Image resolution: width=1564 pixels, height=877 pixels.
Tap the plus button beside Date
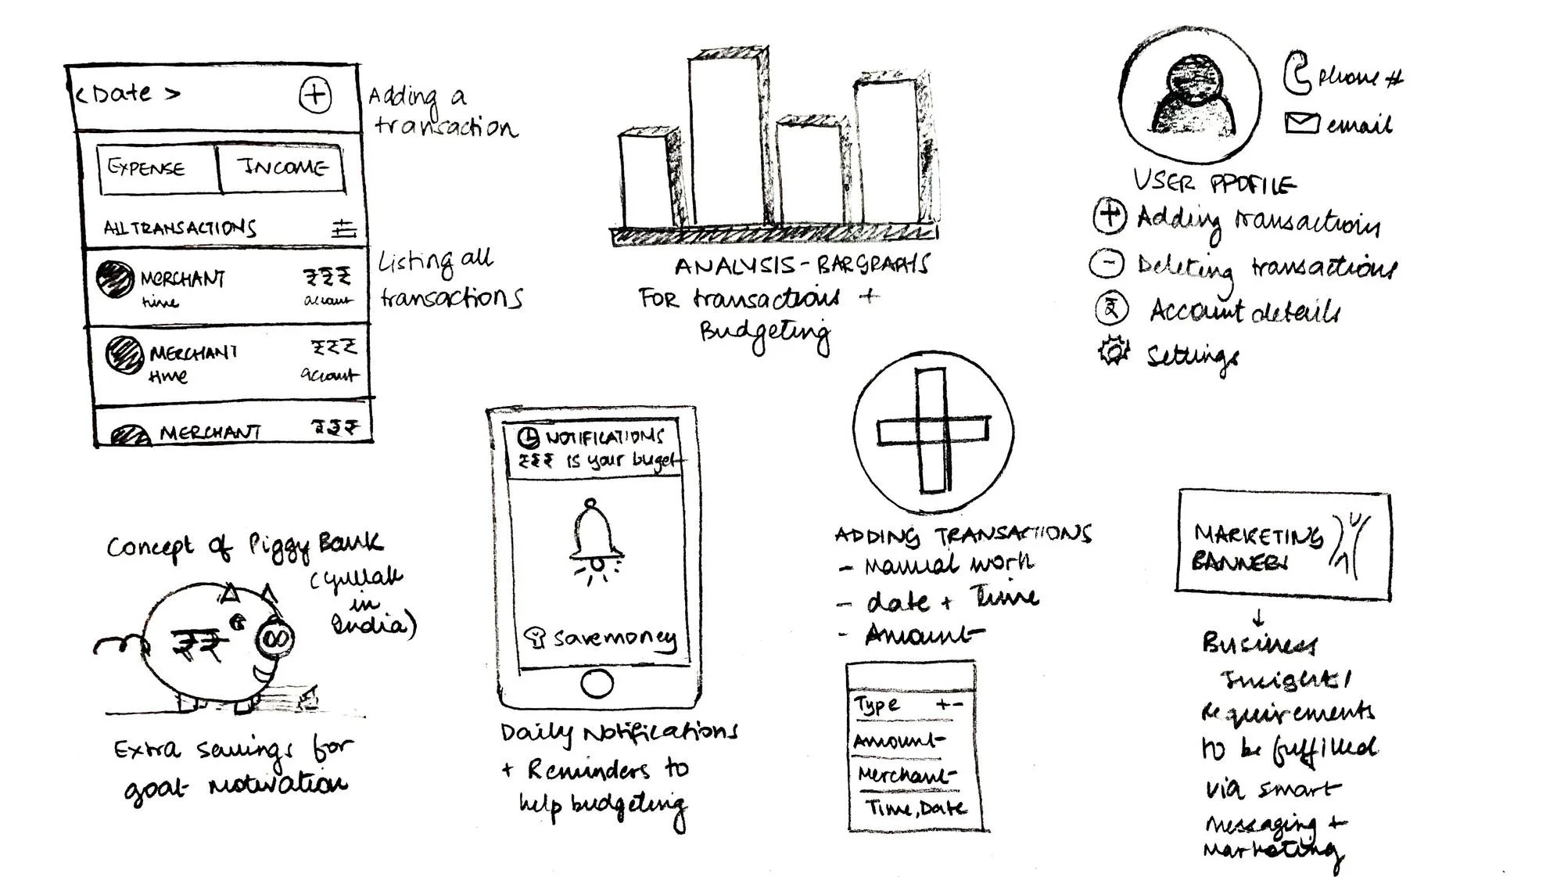pos(315,95)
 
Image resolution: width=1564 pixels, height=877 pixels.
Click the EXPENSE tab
pos(147,167)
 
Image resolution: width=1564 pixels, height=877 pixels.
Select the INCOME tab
pos(282,167)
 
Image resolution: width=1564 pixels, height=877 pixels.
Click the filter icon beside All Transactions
pos(343,228)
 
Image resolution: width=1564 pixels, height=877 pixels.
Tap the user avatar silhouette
pos(1189,98)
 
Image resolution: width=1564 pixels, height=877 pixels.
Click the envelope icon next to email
pos(1301,123)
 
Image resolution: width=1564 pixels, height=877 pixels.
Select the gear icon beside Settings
pos(1113,350)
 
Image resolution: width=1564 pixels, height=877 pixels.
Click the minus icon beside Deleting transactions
pos(1107,263)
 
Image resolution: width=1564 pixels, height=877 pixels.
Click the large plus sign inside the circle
pos(932,431)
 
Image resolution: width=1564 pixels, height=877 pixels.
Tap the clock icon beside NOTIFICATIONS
pos(529,437)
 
